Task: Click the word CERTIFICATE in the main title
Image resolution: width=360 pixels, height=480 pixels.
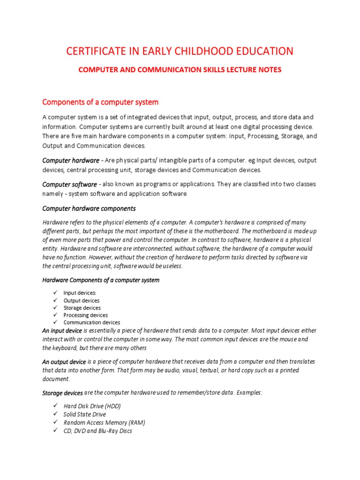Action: coord(91,51)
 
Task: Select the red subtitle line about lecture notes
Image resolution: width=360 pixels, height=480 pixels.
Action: coord(180,70)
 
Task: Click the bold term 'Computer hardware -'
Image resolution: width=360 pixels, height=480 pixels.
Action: coord(73,161)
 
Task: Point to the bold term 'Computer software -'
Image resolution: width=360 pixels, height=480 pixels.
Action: coord(71,184)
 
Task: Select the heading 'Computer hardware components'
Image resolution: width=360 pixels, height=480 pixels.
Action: coord(89,208)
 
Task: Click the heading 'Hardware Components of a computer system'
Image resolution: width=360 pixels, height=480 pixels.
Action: coord(101,280)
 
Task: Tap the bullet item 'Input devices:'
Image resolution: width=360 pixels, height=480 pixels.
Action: coord(80,293)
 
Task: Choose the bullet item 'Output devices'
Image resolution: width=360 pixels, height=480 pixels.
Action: coord(82,300)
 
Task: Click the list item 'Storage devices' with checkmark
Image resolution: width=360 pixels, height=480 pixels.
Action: coord(82,308)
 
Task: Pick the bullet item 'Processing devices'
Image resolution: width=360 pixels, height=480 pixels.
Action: coord(85,315)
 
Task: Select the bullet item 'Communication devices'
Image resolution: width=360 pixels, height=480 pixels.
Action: coord(92,322)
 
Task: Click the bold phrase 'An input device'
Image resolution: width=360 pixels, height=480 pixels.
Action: coord(62,330)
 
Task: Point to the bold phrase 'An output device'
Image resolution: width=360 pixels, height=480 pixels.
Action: coord(64,362)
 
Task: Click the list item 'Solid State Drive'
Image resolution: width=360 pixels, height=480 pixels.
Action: coord(85,414)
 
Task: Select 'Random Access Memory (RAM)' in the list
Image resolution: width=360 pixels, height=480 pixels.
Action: coord(104,422)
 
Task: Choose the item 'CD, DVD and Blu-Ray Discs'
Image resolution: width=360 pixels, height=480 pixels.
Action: coord(97,431)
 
